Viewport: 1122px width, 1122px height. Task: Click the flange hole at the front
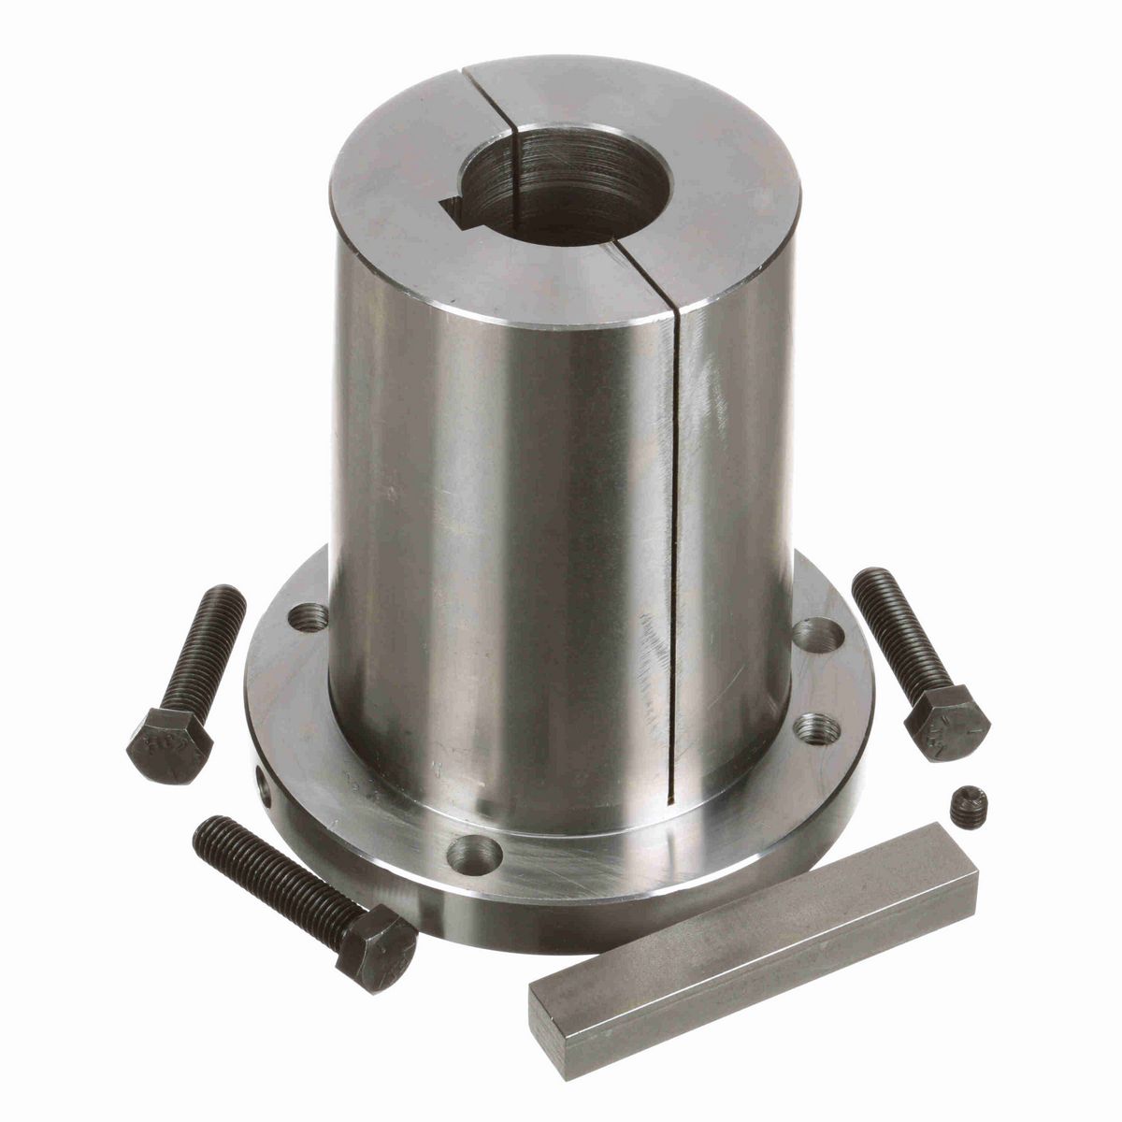pos(473,852)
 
